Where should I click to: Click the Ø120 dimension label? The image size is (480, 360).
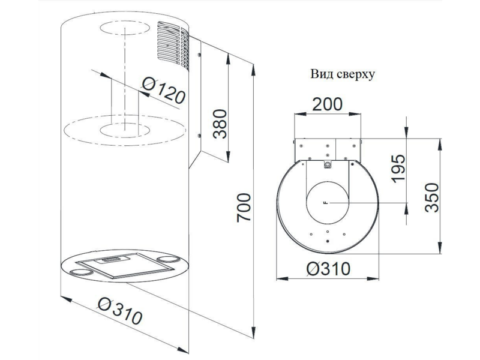click(x=164, y=91)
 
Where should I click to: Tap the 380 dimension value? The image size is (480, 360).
click(x=220, y=124)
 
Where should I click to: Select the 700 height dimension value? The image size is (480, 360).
click(x=244, y=207)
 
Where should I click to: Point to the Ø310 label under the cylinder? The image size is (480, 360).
click(x=120, y=311)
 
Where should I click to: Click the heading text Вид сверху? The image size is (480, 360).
click(x=343, y=74)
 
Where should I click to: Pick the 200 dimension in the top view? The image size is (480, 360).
click(x=327, y=104)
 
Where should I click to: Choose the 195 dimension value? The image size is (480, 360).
click(x=398, y=169)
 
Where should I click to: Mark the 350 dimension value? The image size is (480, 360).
click(x=432, y=197)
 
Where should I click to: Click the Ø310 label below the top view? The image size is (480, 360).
click(x=328, y=269)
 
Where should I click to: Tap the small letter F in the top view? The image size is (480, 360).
click(x=326, y=203)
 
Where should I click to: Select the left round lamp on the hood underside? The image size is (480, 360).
click(x=81, y=272)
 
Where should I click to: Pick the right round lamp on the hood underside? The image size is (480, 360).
click(x=167, y=260)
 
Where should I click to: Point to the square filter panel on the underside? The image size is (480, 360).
click(x=125, y=265)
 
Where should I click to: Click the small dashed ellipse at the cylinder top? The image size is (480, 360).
click(x=125, y=28)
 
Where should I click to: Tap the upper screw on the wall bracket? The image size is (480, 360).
click(x=199, y=55)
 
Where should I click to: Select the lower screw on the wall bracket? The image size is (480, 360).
click(x=199, y=136)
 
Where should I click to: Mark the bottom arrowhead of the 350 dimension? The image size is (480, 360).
click(x=440, y=248)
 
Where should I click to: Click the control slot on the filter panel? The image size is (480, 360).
click(x=112, y=259)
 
